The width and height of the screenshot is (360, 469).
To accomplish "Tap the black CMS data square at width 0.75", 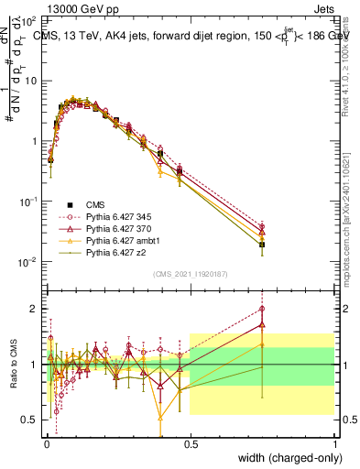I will (262, 245).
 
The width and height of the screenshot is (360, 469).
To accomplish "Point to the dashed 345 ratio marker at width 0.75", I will (262, 308).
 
